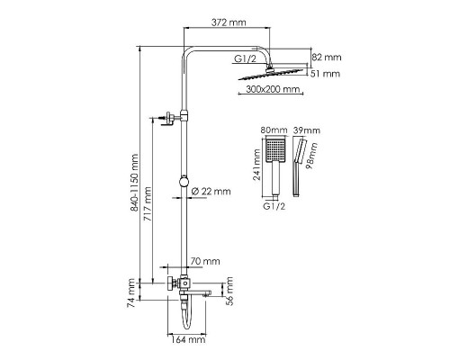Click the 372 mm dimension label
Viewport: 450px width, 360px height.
[x=229, y=22]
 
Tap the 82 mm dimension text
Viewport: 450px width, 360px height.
[x=327, y=57]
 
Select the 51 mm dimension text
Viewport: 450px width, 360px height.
[x=325, y=74]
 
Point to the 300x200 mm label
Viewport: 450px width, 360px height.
[x=273, y=89]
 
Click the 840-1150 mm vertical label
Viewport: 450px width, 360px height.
[x=134, y=183]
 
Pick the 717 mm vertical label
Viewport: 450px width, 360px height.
[x=148, y=204]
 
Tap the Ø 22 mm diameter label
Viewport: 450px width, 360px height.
[x=211, y=191]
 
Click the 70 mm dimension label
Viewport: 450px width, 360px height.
[x=205, y=261]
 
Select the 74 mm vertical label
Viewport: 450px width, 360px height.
[x=131, y=292]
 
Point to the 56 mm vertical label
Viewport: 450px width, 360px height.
[x=229, y=292]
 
